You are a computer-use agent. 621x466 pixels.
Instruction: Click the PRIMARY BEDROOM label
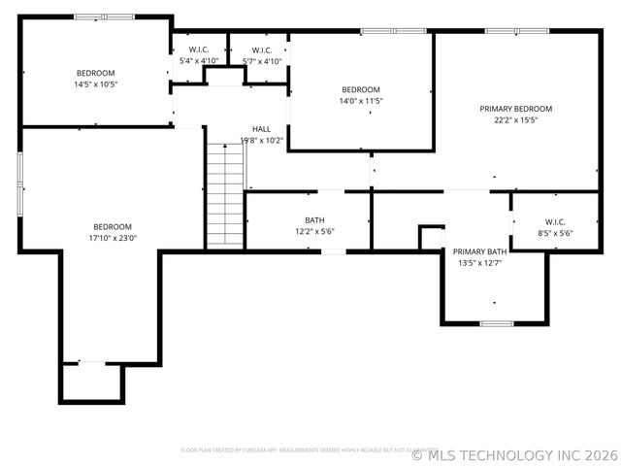[x=515, y=109]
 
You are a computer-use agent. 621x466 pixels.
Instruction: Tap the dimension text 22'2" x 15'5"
[x=515, y=120]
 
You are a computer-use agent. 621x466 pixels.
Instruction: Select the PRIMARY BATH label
[x=478, y=251]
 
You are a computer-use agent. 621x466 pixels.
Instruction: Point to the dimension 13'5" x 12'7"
[x=478, y=263]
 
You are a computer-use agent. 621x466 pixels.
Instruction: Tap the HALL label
[x=261, y=129]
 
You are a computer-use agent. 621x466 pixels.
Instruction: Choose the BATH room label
[x=314, y=220]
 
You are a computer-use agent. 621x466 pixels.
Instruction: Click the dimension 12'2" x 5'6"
[x=314, y=232]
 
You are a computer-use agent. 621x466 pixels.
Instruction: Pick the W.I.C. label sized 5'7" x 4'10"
[x=261, y=50]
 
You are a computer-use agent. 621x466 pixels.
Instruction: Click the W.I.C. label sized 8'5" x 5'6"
[x=554, y=221]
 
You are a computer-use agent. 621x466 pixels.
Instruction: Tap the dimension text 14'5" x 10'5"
[x=96, y=84]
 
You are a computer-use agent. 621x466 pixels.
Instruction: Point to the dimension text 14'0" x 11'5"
[x=360, y=101]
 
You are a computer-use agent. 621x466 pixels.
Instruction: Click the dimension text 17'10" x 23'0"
[x=112, y=237]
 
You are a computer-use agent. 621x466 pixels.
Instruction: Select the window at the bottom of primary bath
[x=496, y=322]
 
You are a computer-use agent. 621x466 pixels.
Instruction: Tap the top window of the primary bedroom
[x=513, y=31]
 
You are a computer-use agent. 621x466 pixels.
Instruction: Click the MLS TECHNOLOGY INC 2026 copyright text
[x=515, y=454]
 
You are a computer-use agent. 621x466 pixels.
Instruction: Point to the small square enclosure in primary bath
[x=431, y=238]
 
